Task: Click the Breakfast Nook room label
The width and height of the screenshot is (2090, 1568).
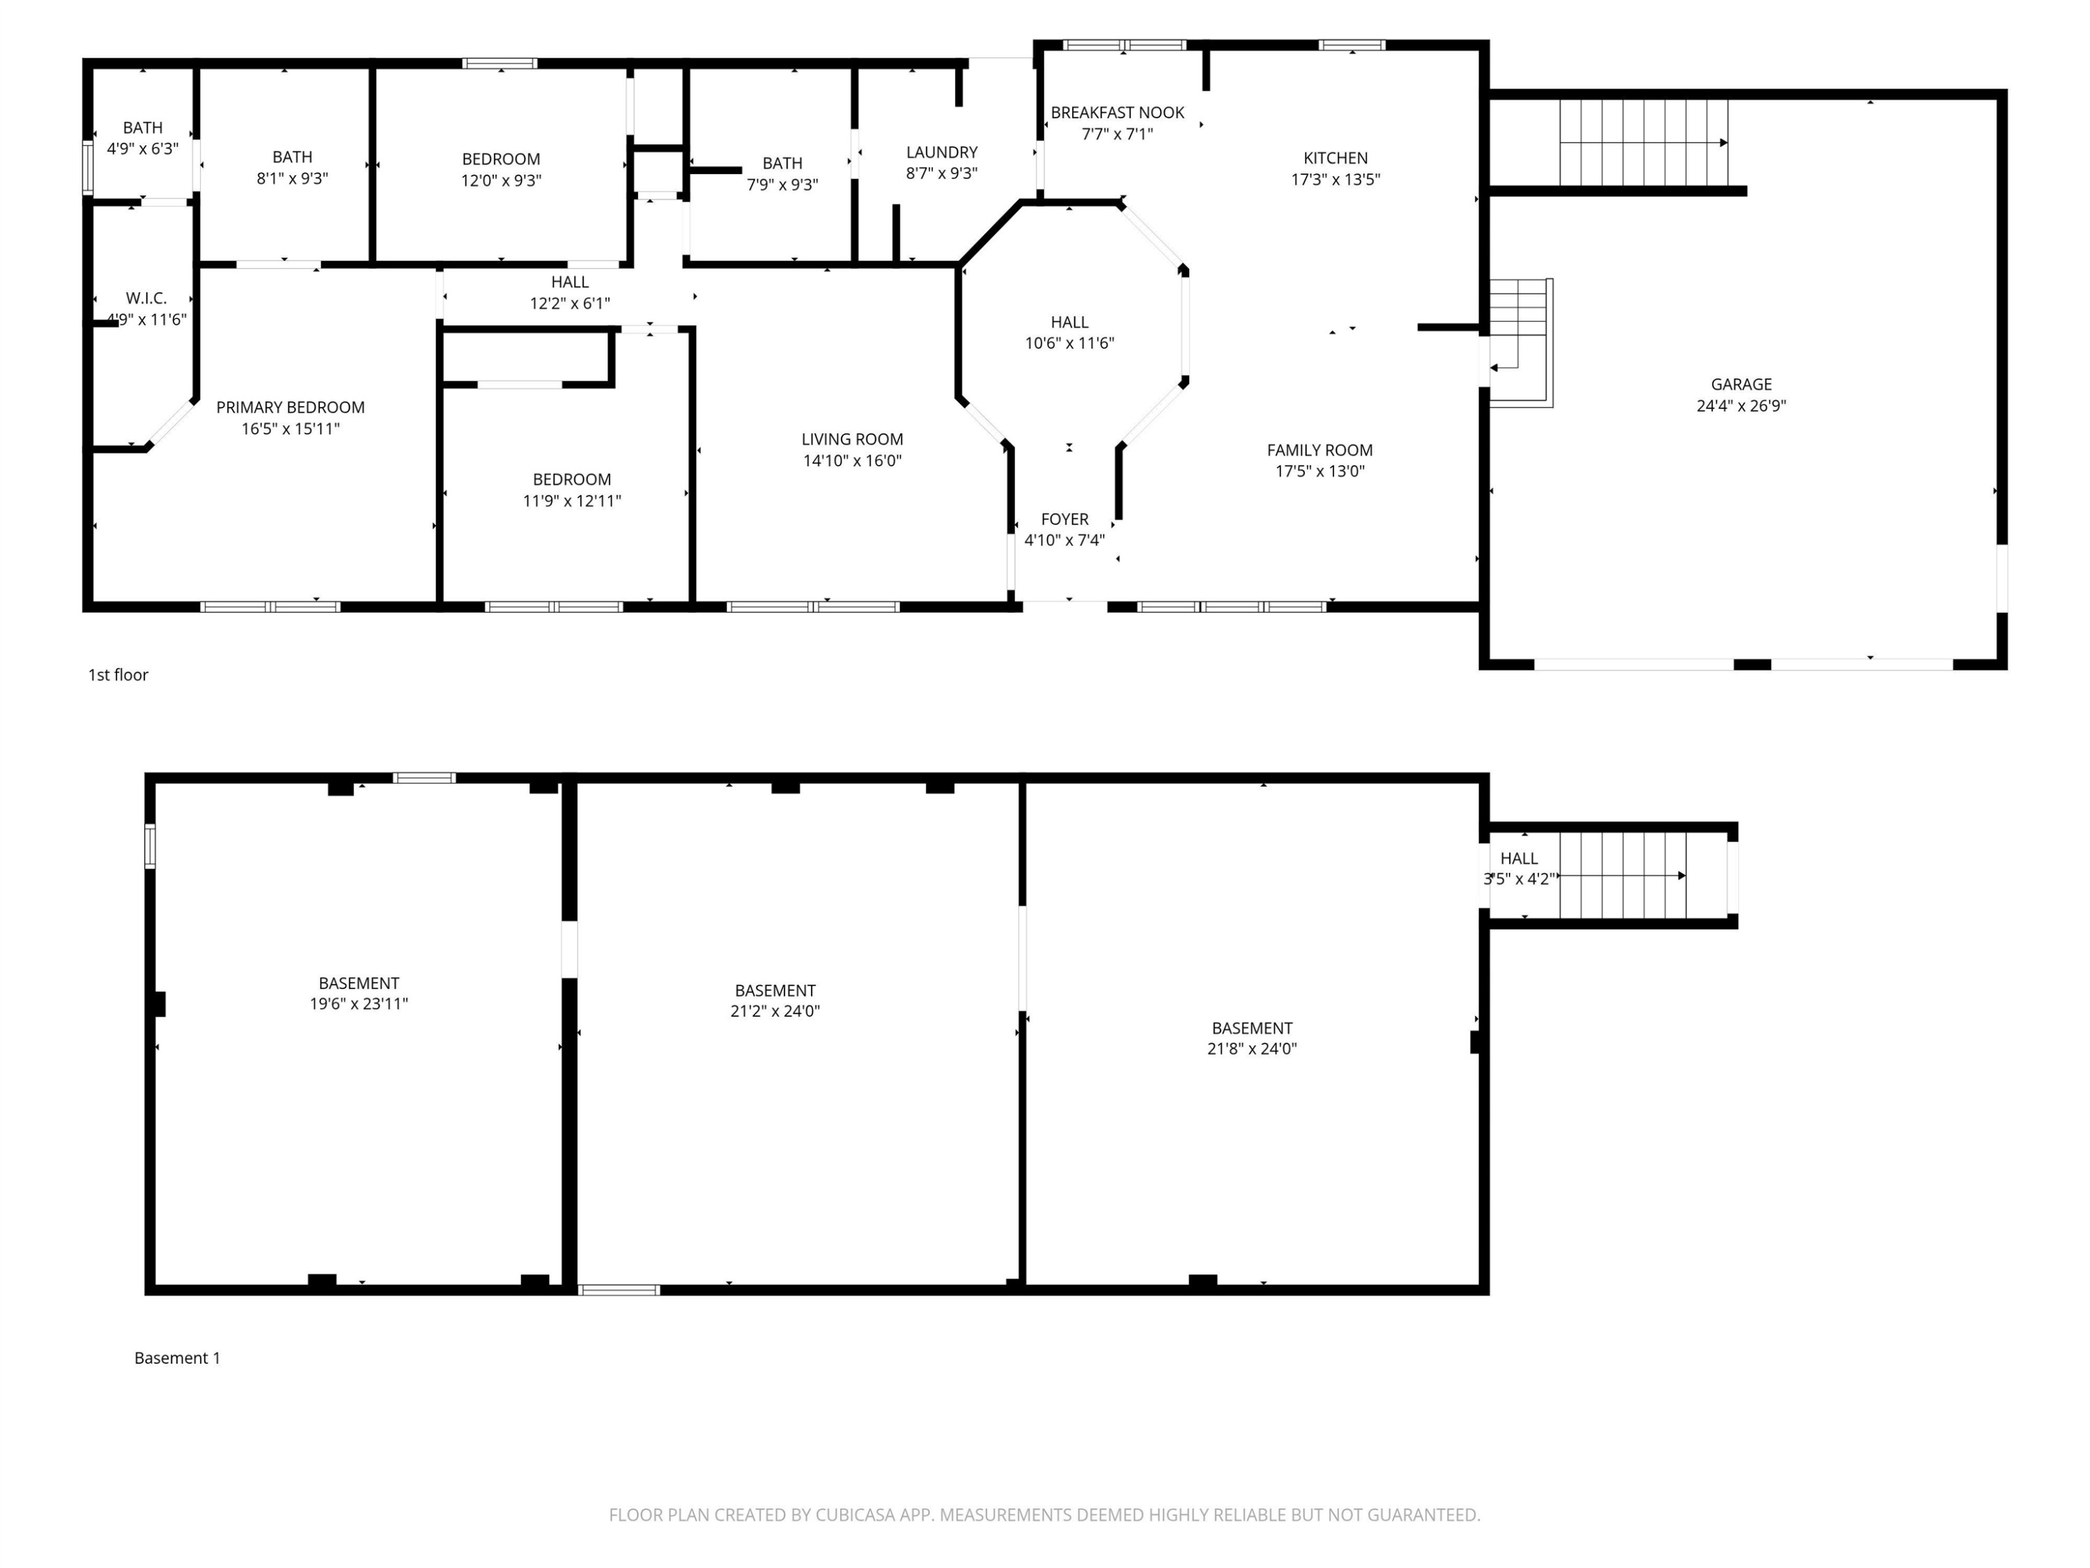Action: click(x=1117, y=112)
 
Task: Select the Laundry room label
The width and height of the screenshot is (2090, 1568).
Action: click(x=941, y=152)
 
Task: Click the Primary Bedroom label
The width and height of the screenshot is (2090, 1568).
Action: click(x=290, y=408)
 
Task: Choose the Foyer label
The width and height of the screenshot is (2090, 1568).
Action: click(x=1065, y=519)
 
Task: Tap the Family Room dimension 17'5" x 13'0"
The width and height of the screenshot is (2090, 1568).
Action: click(x=1320, y=470)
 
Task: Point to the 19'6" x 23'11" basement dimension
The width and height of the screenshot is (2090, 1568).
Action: click(x=359, y=1004)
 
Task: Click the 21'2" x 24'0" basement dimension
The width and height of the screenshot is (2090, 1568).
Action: click(x=775, y=1011)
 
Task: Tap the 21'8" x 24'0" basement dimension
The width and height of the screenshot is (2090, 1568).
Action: click(x=1252, y=1048)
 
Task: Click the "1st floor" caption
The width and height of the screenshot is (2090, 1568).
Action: click(x=118, y=675)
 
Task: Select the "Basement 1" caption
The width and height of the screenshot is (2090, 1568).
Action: click(x=178, y=1358)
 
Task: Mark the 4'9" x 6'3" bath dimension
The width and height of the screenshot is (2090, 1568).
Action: click(x=143, y=148)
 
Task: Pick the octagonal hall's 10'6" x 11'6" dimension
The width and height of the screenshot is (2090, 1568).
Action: click(x=1069, y=343)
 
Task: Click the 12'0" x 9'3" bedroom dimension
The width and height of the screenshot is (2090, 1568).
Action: click(x=501, y=180)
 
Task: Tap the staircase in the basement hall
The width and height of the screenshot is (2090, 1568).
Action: click(x=1623, y=875)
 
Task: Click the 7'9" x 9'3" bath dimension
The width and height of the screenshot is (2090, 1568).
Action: click(x=782, y=184)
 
